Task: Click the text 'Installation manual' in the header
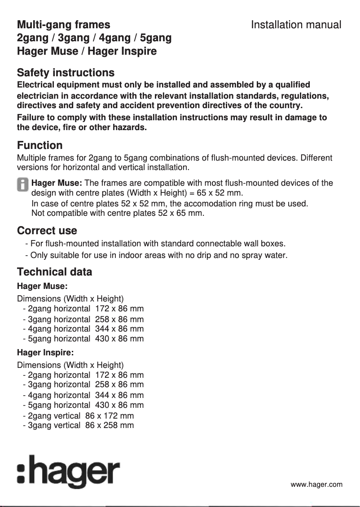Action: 296,25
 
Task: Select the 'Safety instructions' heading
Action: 66,73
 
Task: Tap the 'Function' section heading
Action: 40,145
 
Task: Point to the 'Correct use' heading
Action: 47,231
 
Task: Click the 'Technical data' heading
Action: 54,272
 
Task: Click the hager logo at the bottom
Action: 68,472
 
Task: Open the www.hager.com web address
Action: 316,485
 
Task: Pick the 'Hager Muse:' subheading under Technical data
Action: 42,286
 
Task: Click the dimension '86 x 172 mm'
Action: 109,416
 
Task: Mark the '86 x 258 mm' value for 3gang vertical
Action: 109,425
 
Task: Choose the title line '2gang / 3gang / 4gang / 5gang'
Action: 94,38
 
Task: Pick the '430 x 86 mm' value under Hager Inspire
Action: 119,405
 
